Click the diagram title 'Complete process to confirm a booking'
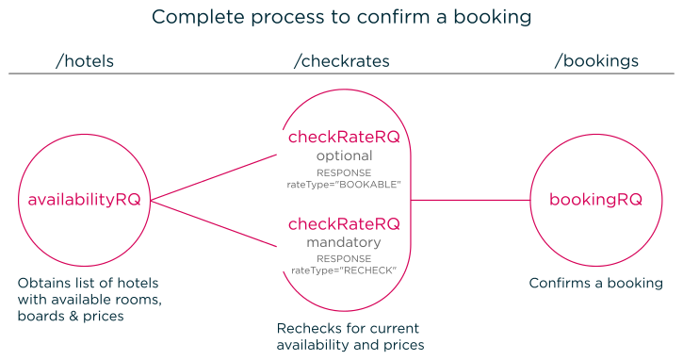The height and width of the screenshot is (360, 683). click(341, 17)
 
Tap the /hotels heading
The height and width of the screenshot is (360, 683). click(86, 61)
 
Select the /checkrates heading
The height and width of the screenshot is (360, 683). click(341, 61)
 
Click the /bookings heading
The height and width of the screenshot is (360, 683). click(595, 61)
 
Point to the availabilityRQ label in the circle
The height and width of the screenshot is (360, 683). click(85, 200)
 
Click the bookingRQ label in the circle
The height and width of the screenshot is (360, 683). click(595, 200)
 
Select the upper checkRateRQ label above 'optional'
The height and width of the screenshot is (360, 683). click(344, 138)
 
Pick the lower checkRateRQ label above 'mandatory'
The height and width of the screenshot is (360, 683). click(344, 224)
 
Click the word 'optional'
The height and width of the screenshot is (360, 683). click(344, 155)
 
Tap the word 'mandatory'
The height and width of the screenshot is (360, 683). click(344, 242)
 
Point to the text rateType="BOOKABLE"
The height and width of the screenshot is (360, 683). click(344, 185)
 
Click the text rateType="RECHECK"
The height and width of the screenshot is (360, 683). click(344, 270)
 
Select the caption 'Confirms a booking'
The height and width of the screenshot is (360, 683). click(595, 284)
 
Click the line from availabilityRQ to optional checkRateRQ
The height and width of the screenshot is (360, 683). click(215, 177)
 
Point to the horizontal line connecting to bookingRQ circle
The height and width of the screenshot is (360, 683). click(471, 200)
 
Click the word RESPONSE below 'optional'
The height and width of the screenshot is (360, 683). click(344, 173)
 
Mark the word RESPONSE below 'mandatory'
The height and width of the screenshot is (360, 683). click(344, 258)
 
